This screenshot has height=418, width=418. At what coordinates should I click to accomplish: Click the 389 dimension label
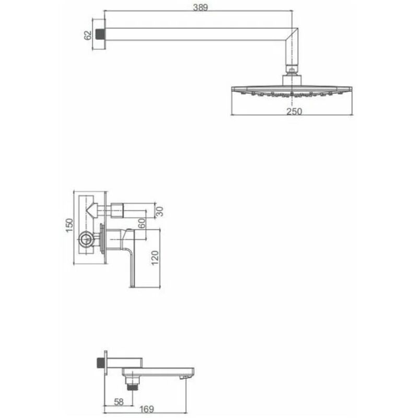(x=200, y=7)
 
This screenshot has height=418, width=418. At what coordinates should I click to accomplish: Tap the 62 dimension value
(x=88, y=35)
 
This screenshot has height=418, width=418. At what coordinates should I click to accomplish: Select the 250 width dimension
(x=294, y=111)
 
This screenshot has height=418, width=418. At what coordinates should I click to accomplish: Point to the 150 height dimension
(x=69, y=225)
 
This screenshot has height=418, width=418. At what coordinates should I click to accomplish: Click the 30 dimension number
(x=159, y=212)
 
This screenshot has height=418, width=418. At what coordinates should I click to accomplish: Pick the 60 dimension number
(x=142, y=223)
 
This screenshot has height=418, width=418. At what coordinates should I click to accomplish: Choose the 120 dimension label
(x=155, y=258)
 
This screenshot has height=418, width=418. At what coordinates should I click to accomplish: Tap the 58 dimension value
(x=119, y=402)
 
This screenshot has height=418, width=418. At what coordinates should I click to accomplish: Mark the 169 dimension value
(x=147, y=409)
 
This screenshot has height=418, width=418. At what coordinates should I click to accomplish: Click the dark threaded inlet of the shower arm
(x=99, y=34)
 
